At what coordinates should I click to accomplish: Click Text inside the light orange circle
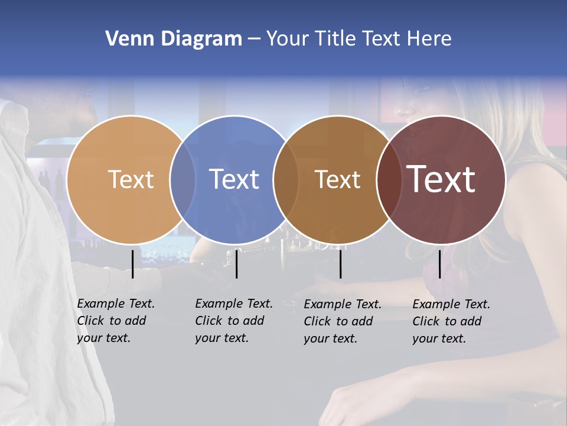131,179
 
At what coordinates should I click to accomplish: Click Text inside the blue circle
234,179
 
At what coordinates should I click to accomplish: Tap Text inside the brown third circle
337,179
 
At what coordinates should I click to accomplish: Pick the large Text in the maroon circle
441,179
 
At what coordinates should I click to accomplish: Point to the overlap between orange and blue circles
183,179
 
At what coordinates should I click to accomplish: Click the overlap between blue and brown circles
286,179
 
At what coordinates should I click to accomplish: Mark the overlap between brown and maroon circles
389,179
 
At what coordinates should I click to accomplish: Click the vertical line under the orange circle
132,264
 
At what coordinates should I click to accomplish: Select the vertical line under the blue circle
236,264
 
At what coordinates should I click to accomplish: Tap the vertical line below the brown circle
340,264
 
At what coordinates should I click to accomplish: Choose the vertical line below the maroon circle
439,264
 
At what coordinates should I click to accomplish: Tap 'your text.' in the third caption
330,338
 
